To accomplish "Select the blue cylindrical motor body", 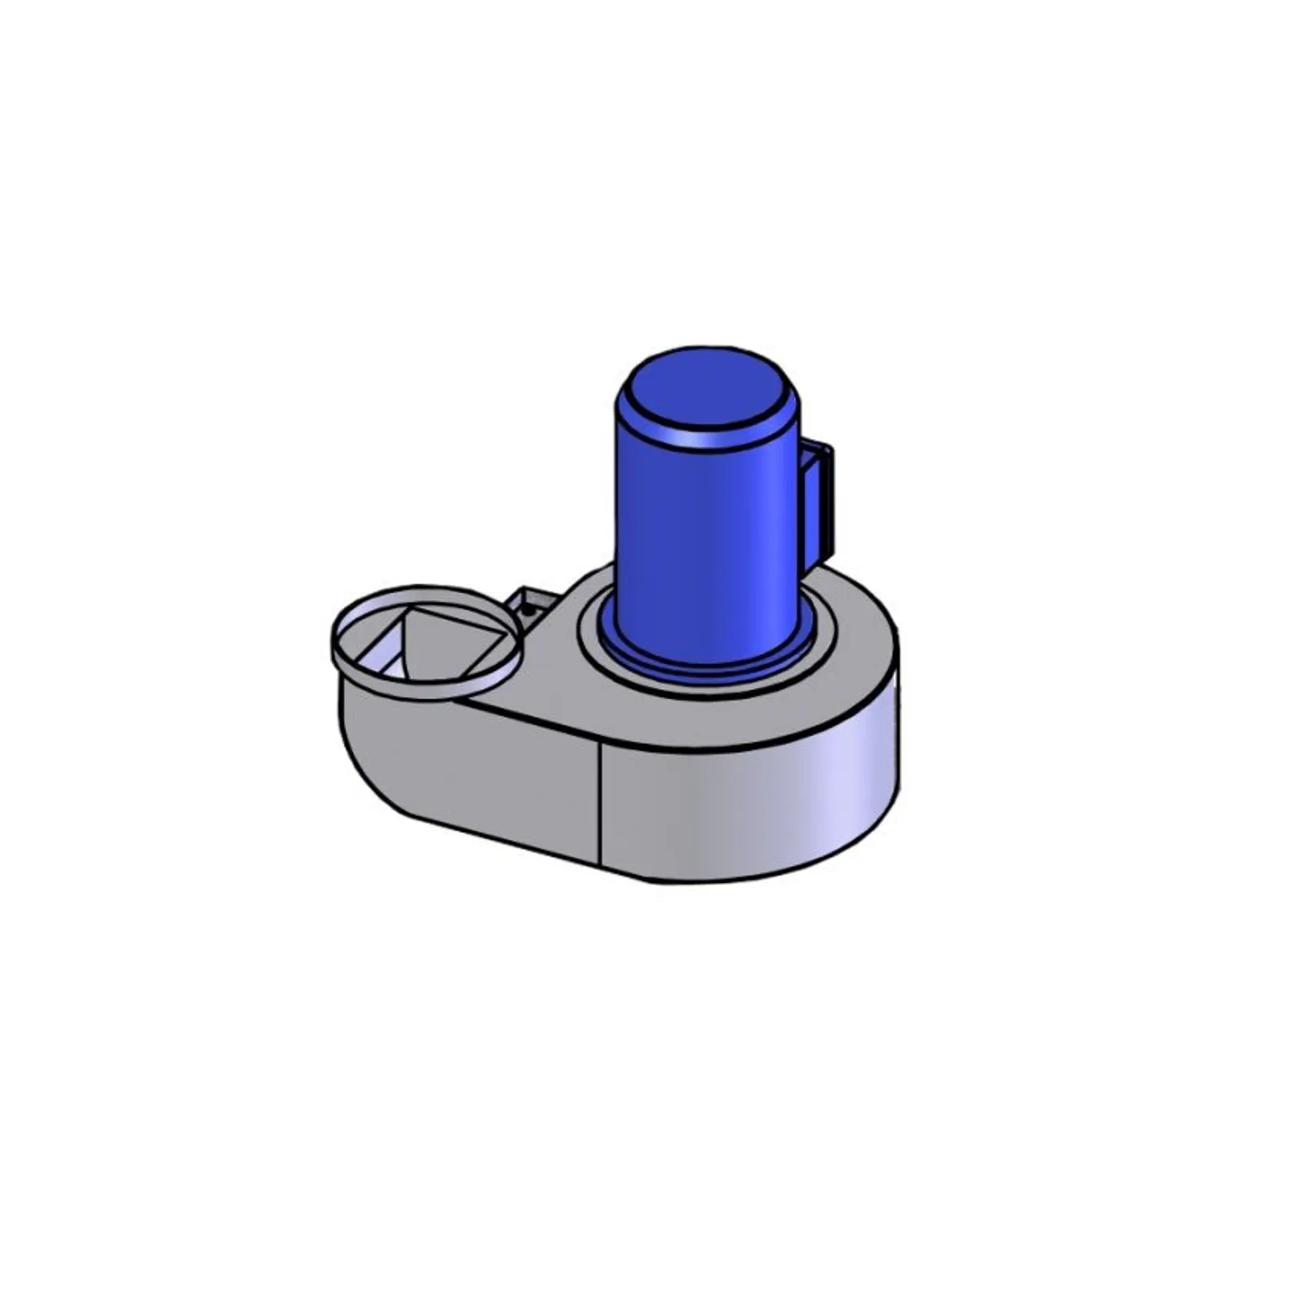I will [x=703, y=540].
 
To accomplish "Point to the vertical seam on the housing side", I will [x=601, y=801].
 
